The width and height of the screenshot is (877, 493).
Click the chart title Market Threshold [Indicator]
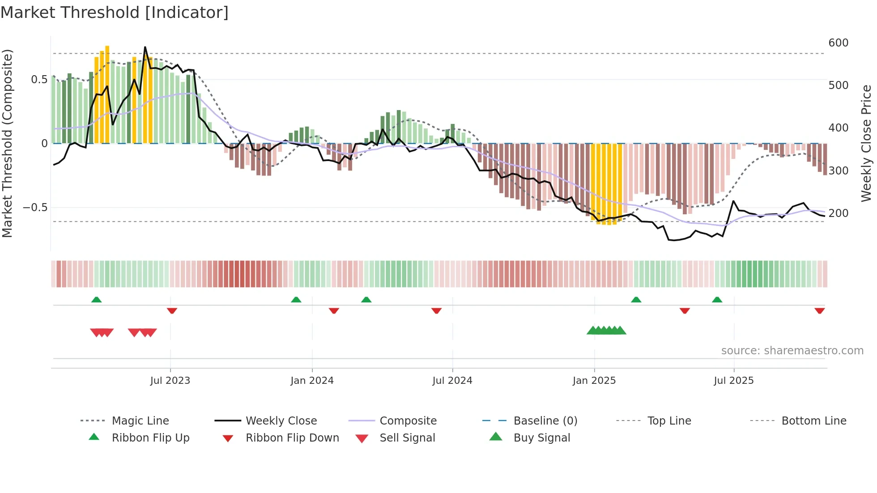(115, 13)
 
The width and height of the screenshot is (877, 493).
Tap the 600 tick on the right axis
(838, 43)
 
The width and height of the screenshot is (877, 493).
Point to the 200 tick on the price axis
(838, 213)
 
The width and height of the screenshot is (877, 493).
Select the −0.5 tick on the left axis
(35, 208)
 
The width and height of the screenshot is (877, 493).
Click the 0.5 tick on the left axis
(39, 80)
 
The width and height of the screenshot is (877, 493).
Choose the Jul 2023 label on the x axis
(170, 381)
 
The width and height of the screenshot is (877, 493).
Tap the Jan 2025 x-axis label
(594, 381)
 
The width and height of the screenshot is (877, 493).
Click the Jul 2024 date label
(452, 381)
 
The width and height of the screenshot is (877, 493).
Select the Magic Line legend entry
(140, 421)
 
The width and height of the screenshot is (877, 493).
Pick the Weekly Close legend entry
(281, 421)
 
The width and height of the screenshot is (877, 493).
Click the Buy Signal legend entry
(541, 438)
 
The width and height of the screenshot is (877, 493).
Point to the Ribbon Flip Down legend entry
(292, 438)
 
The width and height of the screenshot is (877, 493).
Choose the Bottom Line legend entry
(813, 421)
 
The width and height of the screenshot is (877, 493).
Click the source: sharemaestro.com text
(792, 351)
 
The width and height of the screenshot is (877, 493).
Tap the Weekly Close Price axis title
(866, 143)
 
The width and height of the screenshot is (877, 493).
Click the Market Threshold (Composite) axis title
(7, 143)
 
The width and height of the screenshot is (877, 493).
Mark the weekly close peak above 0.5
(145, 47)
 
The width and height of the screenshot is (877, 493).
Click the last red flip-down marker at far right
(819, 310)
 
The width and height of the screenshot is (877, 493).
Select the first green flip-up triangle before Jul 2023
(96, 300)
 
